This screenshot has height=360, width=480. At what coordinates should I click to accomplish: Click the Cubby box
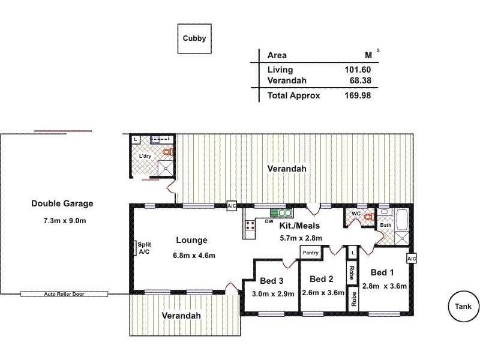click(x=194, y=38)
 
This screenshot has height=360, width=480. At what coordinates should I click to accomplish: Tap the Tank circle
click(x=463, y=307)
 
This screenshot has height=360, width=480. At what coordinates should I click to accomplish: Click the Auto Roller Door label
click(x=64, y=294)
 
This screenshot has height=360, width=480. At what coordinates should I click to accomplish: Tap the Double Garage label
click(x=62, y=203)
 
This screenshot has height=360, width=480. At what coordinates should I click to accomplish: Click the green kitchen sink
click(x=281, y=212)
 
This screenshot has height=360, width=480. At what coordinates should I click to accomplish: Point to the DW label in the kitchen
click(x=269, y=221)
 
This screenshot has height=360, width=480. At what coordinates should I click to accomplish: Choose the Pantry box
click(x=310, y=253)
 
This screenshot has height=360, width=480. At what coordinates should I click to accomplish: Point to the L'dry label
click(x=145, y=157)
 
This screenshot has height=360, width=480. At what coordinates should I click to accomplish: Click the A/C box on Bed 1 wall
click(x=412, y=258)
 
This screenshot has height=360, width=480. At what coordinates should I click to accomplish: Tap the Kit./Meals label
click(x=300, y=226)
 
